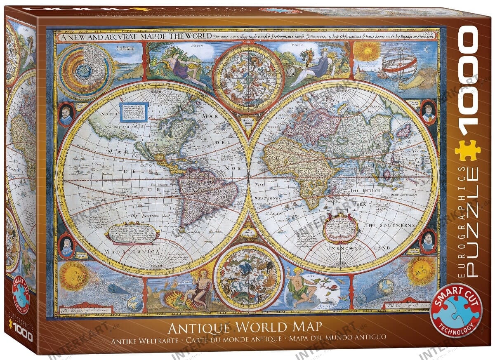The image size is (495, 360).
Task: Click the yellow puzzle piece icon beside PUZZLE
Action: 467,151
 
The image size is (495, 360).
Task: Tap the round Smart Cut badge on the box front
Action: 456,310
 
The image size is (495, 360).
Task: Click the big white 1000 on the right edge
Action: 468,78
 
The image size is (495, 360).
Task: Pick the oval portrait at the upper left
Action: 66,114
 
